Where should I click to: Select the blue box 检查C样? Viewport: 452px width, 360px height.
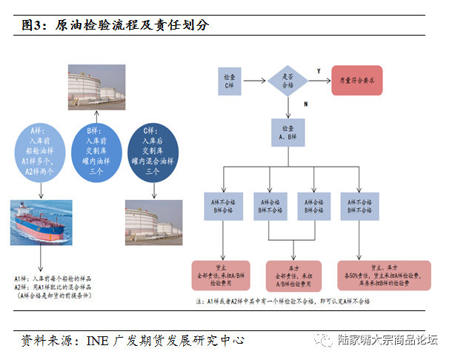[230, 79]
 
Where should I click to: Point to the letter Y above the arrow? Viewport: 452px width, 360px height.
[319, 70]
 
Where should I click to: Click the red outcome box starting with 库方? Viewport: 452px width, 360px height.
[290, 274]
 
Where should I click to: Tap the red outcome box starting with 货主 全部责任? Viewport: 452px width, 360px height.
[222, 274]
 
